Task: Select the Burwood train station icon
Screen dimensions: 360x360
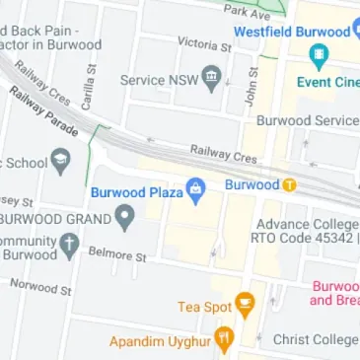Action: pyautogui.click(x=289, y=184)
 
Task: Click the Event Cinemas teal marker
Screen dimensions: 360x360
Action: pyautogui.click(x=318, y=55)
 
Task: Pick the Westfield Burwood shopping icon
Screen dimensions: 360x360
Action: pyautogui.click(x=355, y=31)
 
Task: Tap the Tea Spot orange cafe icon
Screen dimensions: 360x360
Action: pyautogui.click(x=245, y=306)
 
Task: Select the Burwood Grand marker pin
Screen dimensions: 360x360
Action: pyautogui.click(x=124, y=216)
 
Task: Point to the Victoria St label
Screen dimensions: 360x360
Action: pyautogui.click(x=203, y=45)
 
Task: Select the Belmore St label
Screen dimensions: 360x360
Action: pyautogui.click(x=117, y=255)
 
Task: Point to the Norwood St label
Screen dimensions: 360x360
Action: pyautogui.click(x=41, y=288)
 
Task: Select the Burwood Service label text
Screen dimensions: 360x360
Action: pyautogui.click(x=307, y=120)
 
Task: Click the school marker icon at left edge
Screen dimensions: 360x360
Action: pyautogui.click(x=60, y=158)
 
